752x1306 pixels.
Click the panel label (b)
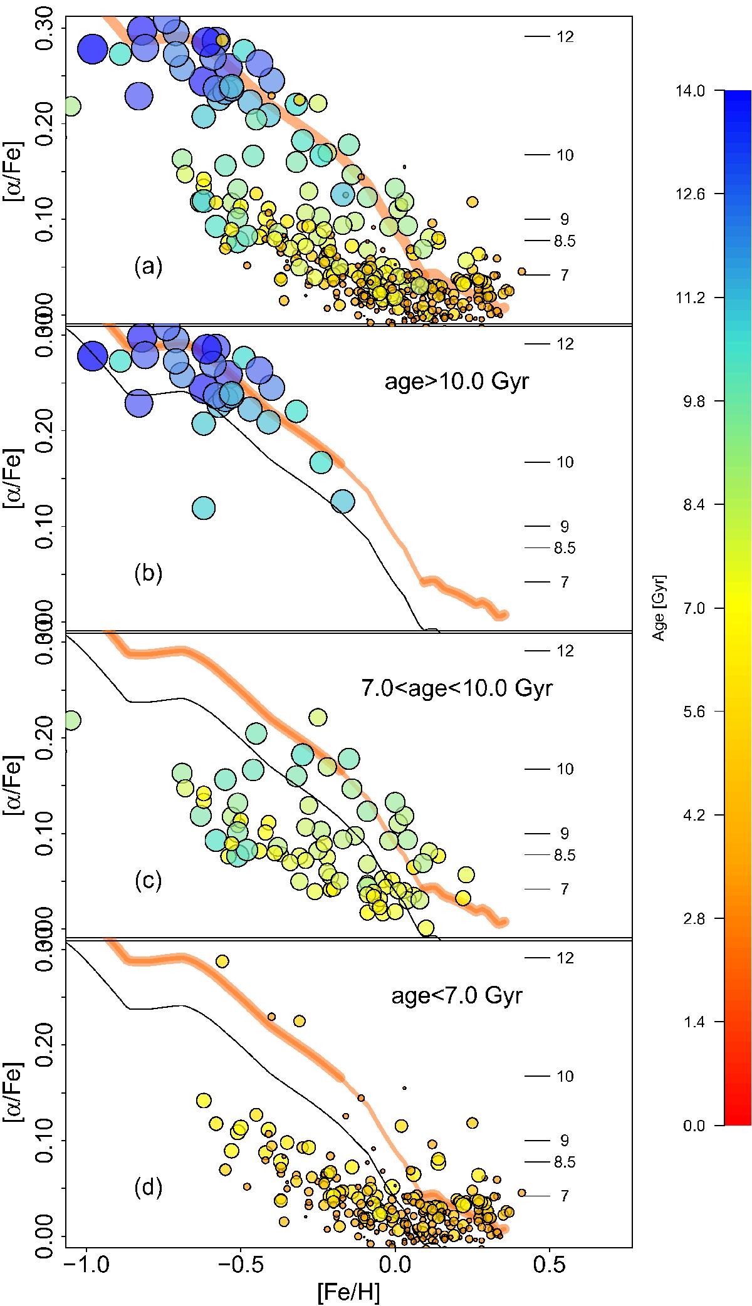149,574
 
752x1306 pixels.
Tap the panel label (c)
149,881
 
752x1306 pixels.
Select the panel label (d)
149,1188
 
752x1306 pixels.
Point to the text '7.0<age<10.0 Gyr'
457,688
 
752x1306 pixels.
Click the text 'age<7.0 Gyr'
456,995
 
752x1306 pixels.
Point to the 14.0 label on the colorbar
689,91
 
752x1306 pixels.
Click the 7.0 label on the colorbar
689,608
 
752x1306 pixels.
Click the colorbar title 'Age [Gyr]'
659,608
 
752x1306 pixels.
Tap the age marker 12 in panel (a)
565,37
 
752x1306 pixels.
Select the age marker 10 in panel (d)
565,1077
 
